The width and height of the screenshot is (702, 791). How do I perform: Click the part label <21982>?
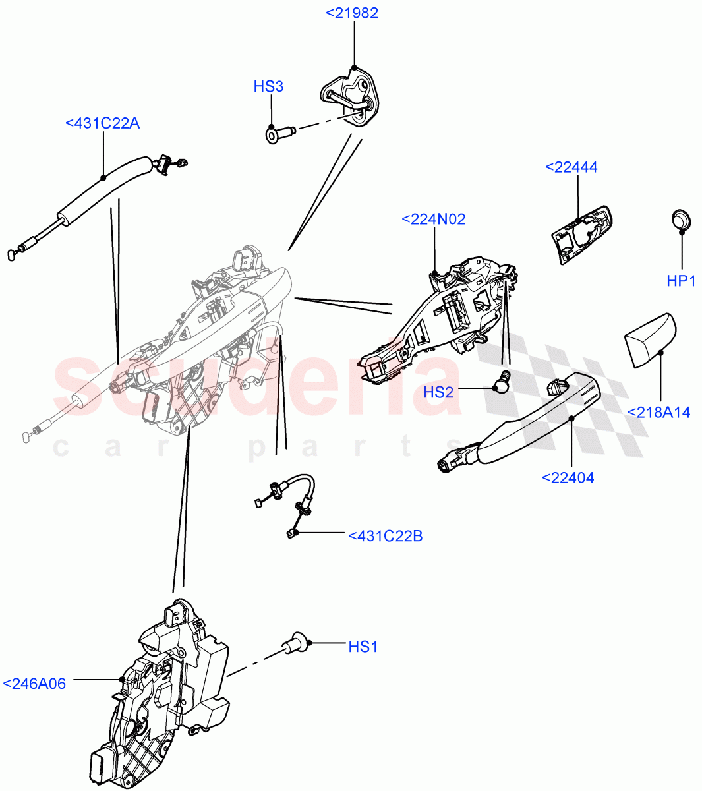click(x=352, y=13)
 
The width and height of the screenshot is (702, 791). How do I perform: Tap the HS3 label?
click(x=268, y=86)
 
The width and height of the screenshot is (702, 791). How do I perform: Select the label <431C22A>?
click(x=102, y=123)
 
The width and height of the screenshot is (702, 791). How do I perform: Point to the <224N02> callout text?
click(x=433, y=219)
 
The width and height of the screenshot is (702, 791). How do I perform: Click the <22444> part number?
click(x=571, y=167)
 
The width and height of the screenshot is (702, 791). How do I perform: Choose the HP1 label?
click(x=681, y=281)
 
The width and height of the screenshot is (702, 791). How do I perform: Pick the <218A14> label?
click(x=658, y=413)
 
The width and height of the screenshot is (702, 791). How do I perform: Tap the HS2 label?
click(x=438, y=392)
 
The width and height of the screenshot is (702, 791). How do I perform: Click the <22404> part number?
click(x=568, y=478)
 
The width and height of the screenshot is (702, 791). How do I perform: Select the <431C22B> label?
click(x=385, y=536)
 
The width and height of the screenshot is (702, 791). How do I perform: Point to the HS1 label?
click(x=363, y=647)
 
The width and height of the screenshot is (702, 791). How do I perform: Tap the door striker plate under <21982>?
click(x=351, y=98)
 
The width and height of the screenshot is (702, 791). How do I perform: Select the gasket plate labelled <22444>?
click(x=580, y=234)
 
